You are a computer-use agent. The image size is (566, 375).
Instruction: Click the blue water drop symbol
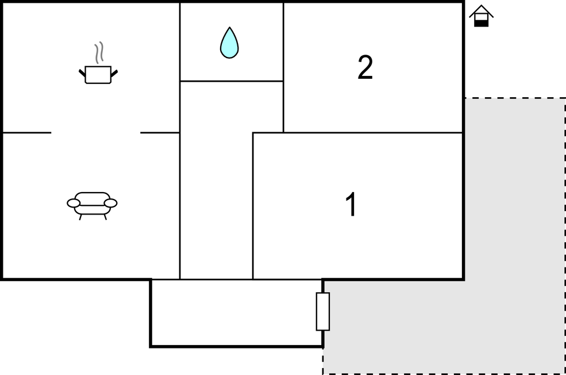coord(229,43)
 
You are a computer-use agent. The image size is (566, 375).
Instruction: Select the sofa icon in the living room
coord(92,205)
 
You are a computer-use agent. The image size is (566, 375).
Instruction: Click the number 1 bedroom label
coord(351,204)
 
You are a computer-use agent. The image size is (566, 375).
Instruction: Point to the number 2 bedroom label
coord(365,67)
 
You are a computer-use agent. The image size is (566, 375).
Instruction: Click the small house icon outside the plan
coord(481,16)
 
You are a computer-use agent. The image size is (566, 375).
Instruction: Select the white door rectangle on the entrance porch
coord(323,311)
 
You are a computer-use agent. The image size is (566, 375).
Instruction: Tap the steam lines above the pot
coord(99,52)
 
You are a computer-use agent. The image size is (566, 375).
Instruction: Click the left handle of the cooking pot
coord(82,74)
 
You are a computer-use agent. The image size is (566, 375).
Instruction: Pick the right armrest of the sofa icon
coord(111,203)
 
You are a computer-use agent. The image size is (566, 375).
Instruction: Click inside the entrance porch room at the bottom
coord(236,312)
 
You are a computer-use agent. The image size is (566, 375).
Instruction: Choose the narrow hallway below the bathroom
coord(216,181)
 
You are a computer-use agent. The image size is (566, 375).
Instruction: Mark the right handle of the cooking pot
coord(114,74)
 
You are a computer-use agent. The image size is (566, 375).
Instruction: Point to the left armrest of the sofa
coord(74,203)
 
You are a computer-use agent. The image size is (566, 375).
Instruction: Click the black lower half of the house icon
coord(481,24)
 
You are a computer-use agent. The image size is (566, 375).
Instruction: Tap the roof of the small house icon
coord(481,11)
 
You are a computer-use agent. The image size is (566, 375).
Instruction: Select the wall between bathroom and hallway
coord(232,81)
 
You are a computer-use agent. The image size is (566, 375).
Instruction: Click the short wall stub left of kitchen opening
coord(27,133)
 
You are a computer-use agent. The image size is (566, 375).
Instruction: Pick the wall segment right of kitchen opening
coord(160,133)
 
